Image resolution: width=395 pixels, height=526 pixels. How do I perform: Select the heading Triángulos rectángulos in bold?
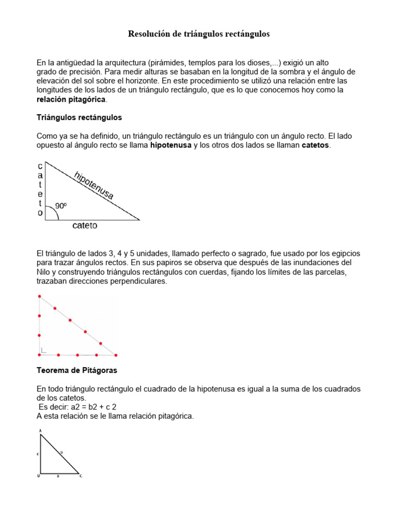tap(79, 118)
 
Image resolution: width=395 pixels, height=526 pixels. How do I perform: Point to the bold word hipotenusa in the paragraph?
tap(171, 145)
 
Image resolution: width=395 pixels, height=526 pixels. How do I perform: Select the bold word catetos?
tap(315, 145)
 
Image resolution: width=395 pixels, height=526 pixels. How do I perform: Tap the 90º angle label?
tap(61, 205)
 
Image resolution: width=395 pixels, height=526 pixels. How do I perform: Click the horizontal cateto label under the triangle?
tap(84, 226)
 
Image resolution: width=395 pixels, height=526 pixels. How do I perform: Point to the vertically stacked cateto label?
tap(40, 190)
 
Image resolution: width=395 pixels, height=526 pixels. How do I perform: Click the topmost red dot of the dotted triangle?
tap(40, 296)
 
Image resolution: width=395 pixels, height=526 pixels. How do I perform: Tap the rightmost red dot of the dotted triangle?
tap(116, 354)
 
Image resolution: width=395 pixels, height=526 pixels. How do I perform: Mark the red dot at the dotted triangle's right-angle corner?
tap(40, 354)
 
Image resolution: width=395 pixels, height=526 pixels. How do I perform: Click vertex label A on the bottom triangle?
tap(39, 430)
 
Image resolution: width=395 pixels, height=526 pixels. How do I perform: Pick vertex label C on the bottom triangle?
tap(81, 476)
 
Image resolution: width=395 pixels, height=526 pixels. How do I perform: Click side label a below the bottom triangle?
tap(58, 476)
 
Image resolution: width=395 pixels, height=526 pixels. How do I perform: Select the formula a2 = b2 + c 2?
tap(78, 407)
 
